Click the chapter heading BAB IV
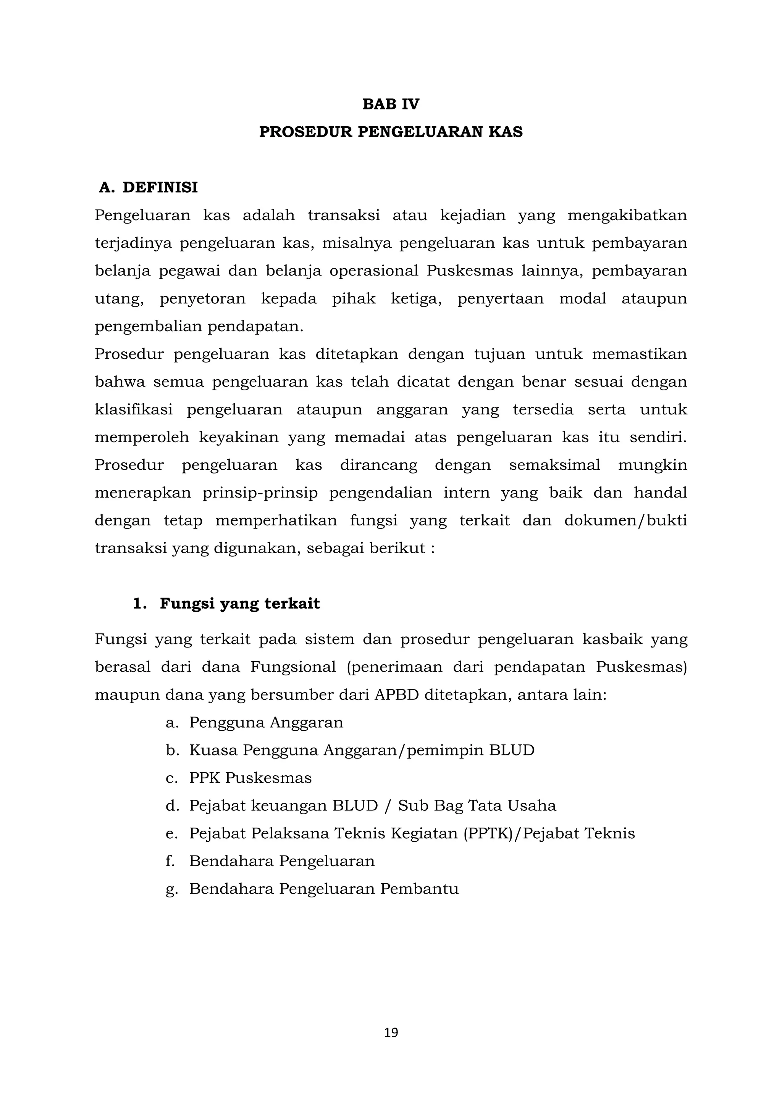(391, 104)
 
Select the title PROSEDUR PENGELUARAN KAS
(391, 132)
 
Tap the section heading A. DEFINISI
(148, 187)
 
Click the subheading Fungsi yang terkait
(239, 604)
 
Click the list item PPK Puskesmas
(250, 778)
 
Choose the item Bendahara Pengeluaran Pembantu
(323, 888)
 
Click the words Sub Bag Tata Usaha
(477, 805)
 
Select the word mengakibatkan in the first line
(627, 215)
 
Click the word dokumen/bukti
(625, 520)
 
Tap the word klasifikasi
(133, 409)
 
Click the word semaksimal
(554, 465)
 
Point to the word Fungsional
(293, 667)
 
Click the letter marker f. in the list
(170, 860)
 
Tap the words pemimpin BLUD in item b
(470, 750)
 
